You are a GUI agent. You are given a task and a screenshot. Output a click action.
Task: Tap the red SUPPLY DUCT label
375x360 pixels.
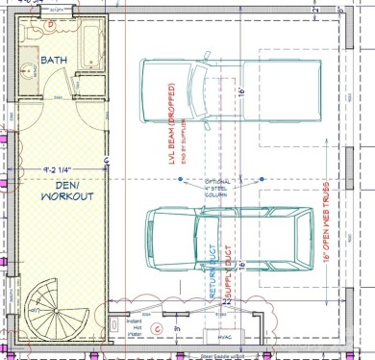[x=229, y=269]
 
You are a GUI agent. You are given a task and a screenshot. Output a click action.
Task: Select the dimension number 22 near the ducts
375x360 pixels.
[x=228, y=301]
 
